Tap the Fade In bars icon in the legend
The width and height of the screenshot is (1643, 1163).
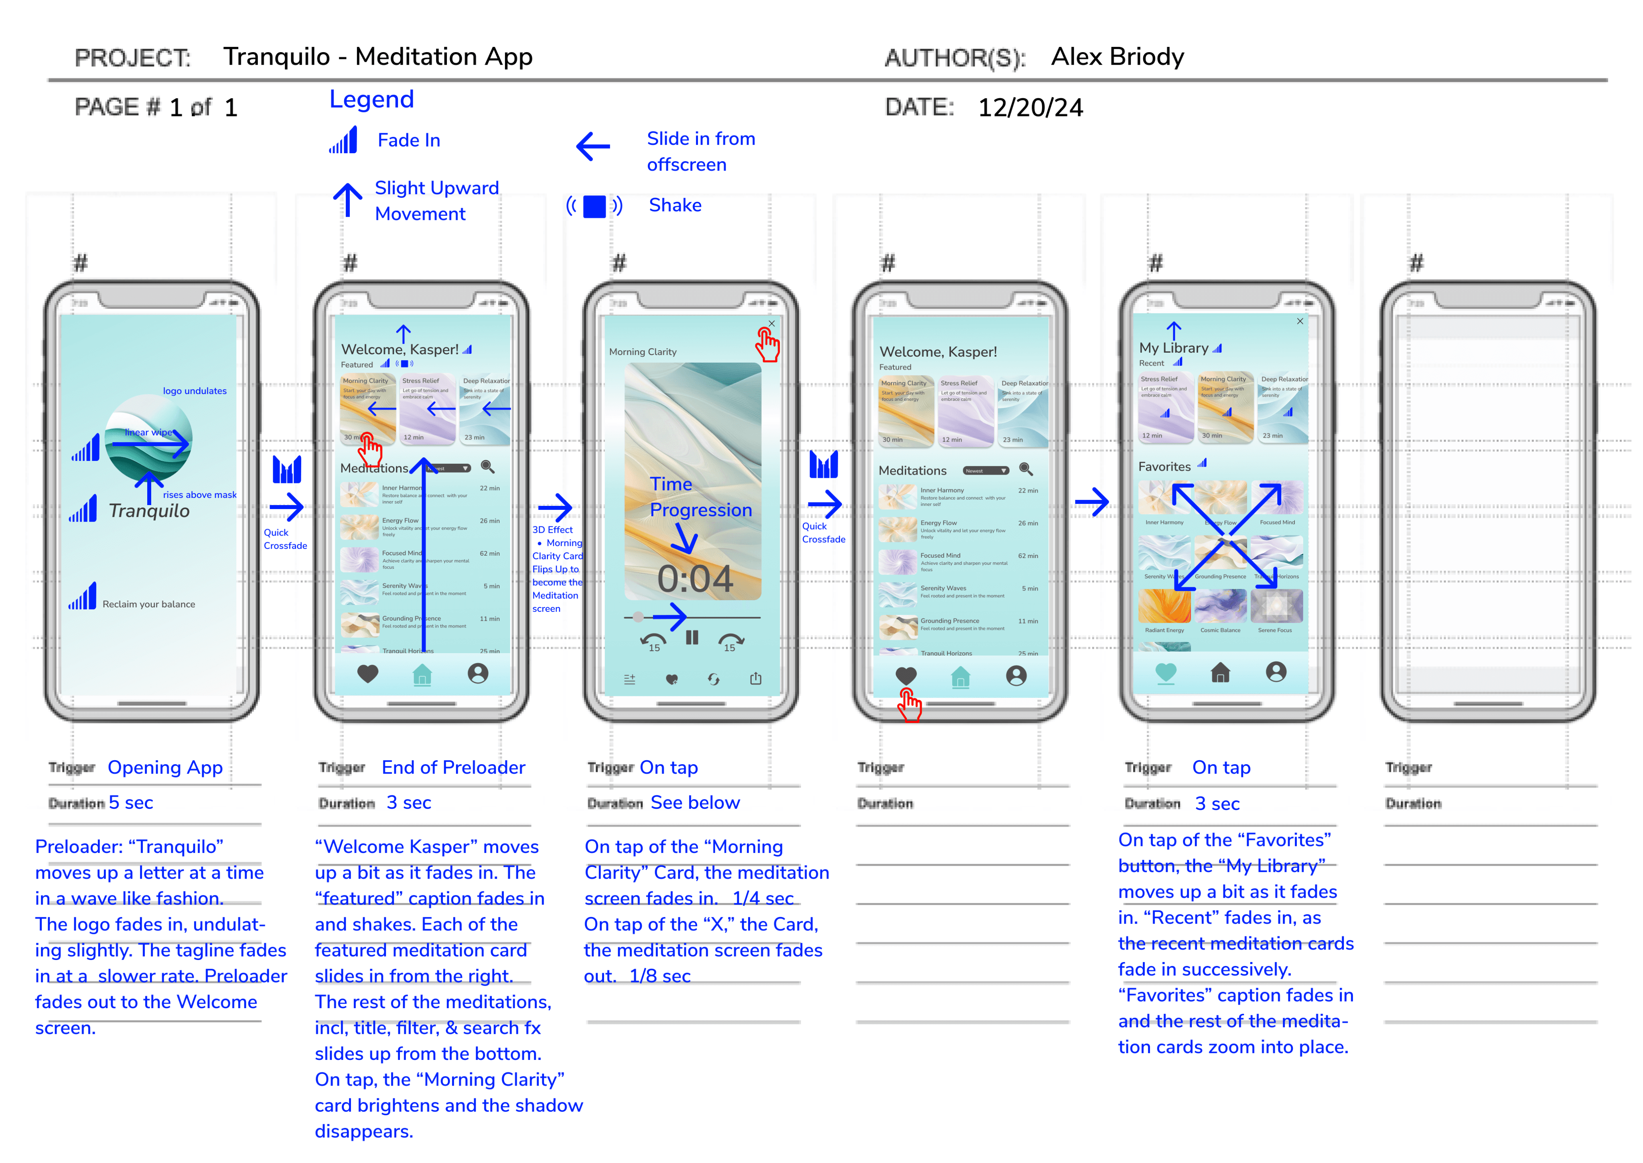click(344, 140)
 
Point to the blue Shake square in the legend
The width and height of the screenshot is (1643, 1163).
click(594, 206)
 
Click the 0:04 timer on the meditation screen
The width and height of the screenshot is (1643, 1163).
click(694, 578)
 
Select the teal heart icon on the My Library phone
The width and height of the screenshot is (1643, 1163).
click(1166, 672)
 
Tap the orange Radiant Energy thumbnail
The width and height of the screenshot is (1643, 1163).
click(1164, 607)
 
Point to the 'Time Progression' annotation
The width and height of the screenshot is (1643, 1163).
click(700, 497)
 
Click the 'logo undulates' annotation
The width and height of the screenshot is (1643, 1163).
click(194, 391)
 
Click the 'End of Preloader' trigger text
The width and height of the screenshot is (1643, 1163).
click(453, 768)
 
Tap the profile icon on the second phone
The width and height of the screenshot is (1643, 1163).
click(477, 673)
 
